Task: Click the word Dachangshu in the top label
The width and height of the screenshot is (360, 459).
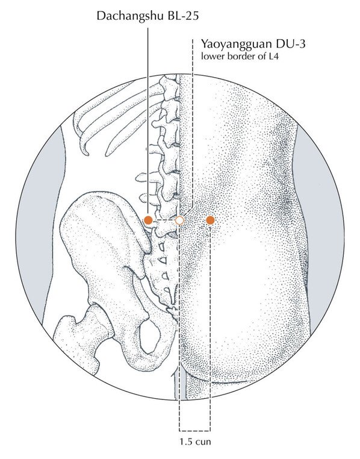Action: pyautogui.click(x=131, y=16)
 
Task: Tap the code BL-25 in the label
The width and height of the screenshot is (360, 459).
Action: pyautogui.click(x=183, y=15)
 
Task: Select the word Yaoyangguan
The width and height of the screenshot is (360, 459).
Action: pyautogui.click(x=235, y=45)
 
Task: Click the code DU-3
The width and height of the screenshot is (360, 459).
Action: pyautogui.click(x=289, y=43)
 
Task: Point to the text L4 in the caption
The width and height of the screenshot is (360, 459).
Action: pyautogui.click(x=273, y=56)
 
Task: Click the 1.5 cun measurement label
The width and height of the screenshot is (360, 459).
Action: pyautogui.click(x=195, y=441)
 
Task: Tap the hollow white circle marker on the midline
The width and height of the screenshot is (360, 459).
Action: pyautogui.click(x=179, y=220)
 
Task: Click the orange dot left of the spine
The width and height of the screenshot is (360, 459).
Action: pyautogui.click(x=148, y=220)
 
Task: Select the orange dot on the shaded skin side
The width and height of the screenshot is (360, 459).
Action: pyautogui.click(x=210, y=220)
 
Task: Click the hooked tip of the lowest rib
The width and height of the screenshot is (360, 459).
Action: pyautogui.click(x=86, y=153)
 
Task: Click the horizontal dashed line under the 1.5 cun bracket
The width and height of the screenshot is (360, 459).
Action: pyautogui.click(x=195, y=431)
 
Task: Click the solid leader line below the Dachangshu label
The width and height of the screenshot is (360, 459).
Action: pyautogui.click(x=148, y=122)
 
